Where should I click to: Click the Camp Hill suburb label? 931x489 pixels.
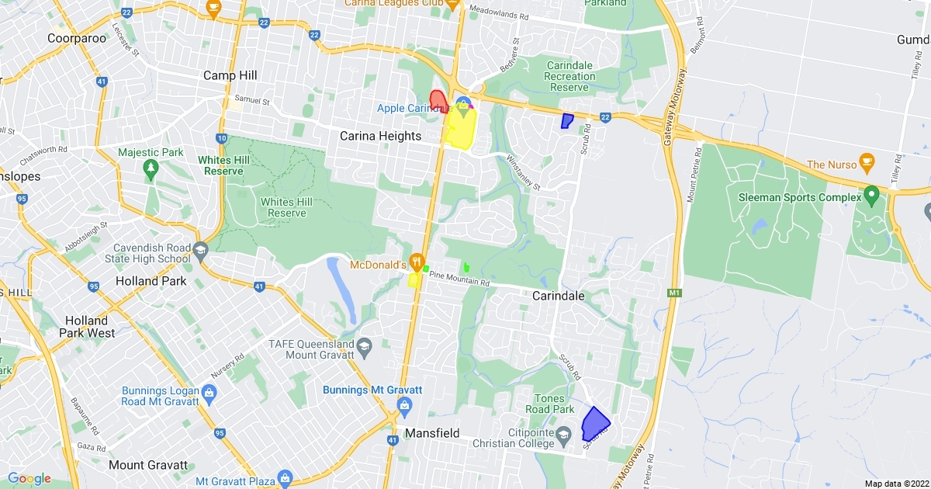[x=230, y=75]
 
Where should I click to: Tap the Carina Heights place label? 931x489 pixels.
[x=380, y=136]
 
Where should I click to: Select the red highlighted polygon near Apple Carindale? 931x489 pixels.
[x=438, y=102]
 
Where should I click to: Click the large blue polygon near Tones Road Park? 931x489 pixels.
[x=595, y=424]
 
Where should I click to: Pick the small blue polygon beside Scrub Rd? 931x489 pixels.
[x=567, y=121]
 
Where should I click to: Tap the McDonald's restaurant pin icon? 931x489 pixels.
[x=417, y=262]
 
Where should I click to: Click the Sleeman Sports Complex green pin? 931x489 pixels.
[x=870, y=192]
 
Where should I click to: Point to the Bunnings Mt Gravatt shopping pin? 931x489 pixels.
[x=403, y=405]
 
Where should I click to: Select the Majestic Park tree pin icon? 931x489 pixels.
[x=151, y=167]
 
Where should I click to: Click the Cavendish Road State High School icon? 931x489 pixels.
[x=201, y=250]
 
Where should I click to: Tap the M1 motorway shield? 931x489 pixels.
[x=674, y=293]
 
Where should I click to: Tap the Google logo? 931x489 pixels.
[x=29, y=478]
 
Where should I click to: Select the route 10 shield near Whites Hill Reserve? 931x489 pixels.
[x=222, y=138]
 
